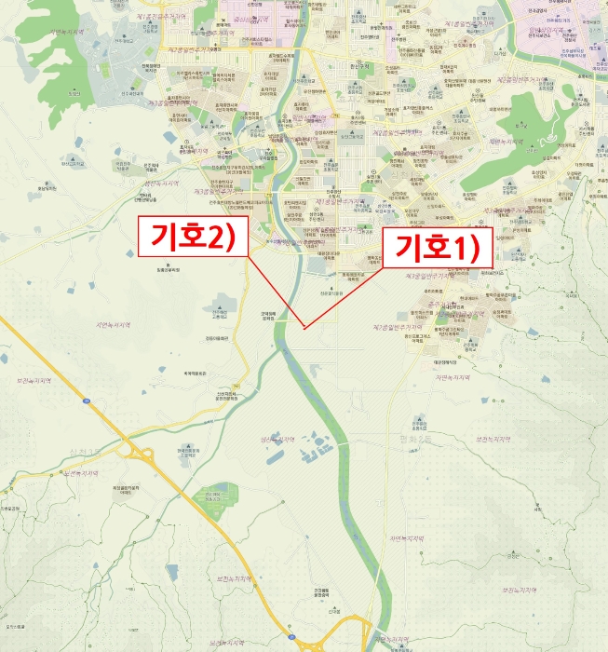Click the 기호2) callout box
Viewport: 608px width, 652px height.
[192, 238]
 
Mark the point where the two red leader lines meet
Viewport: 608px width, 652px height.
[305, 326]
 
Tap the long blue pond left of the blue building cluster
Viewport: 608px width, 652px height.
[277, 455]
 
